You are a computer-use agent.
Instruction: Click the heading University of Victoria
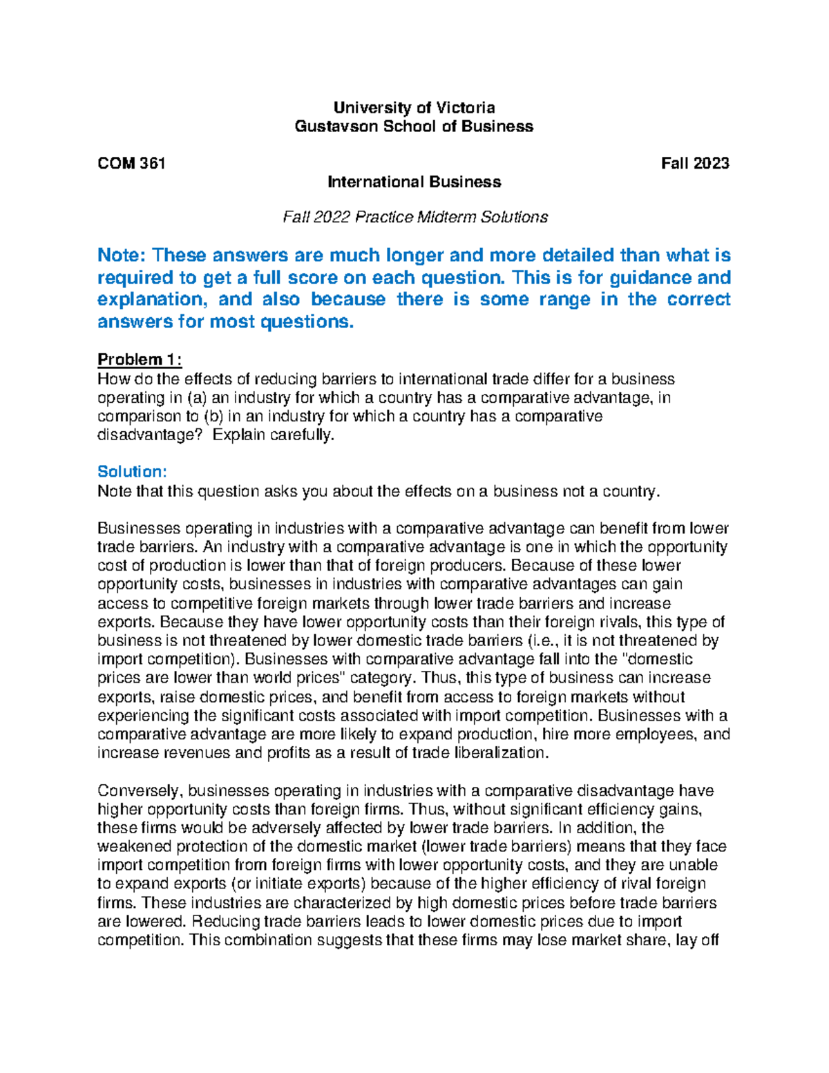pos(414,108)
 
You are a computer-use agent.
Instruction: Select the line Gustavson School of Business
pos(414,126)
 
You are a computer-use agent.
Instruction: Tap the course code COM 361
pos(131,164)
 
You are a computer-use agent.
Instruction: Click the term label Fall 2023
pos(694,164)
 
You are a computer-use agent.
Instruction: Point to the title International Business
pos(414,182)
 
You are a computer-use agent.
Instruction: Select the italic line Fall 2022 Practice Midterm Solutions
pos(415,218)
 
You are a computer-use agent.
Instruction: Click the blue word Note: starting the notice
pos(122,256)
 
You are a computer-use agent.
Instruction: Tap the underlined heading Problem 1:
pos(140,360)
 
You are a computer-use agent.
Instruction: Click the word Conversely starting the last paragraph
pos(140,791)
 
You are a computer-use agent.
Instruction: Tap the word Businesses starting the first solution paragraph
pos(140,529)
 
